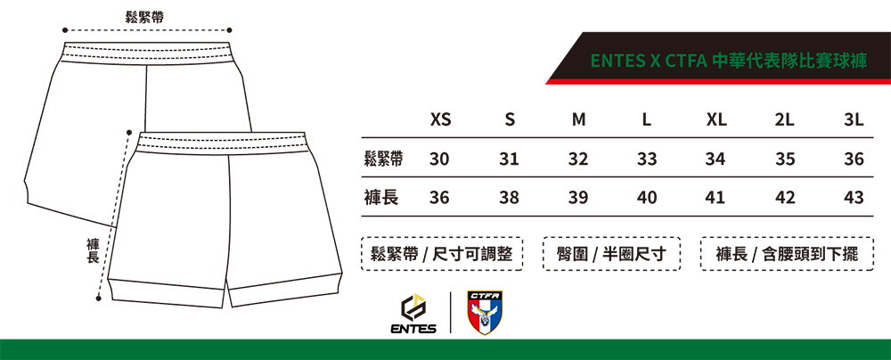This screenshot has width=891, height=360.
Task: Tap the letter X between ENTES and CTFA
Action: (x=655, y=61)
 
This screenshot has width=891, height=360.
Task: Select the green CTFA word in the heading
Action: (x=686, y=61)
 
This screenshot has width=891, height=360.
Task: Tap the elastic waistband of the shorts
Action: (x=224, y=143)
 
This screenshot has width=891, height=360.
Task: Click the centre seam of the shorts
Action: (x=229, y=214)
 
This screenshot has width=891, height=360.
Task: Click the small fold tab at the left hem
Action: (x=108, y=287)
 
